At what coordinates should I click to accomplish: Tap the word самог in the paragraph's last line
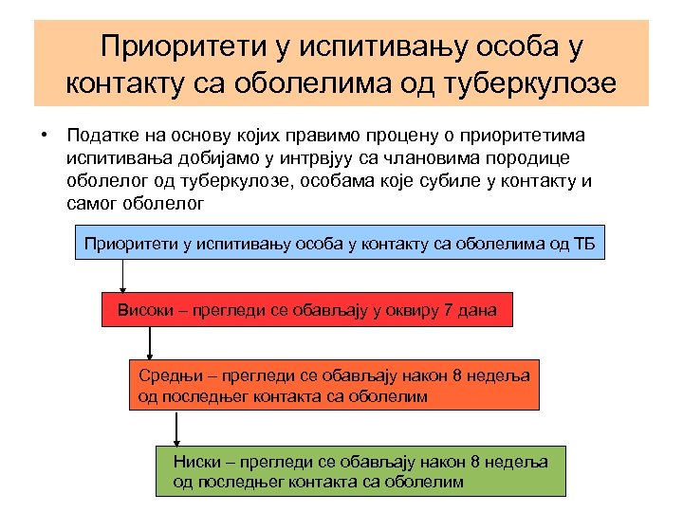click(x=93, y=202)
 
